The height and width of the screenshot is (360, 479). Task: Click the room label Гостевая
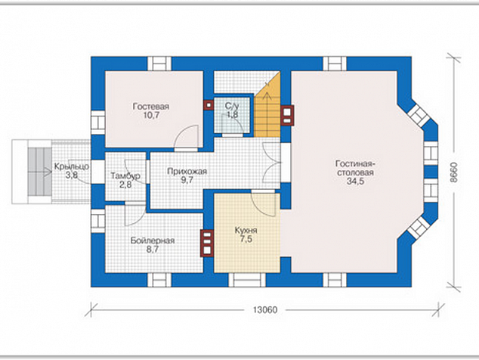click(151, 107)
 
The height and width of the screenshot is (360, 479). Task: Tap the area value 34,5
click(355, 182)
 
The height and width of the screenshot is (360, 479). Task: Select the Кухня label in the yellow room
click(246, 231)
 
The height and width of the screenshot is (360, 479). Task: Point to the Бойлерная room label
click(153, 241)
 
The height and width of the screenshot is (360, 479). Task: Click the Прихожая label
click(187, 172)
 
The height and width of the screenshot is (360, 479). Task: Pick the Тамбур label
click(125, 176)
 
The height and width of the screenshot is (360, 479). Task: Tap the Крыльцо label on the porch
click(72, 166)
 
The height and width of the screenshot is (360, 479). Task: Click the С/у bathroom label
click(232, 106)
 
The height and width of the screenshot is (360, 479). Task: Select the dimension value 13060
click(265, 310)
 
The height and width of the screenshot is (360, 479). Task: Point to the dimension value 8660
click(455, 172)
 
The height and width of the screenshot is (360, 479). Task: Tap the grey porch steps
click(40, 171)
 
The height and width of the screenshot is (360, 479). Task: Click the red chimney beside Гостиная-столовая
click(287, 115)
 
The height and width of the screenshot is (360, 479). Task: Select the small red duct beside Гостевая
click(209, 105)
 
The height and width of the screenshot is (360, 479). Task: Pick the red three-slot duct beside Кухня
click(207, 243)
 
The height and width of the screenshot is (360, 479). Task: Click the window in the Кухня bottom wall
click(247, 280)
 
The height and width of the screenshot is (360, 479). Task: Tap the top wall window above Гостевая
click(159, 64)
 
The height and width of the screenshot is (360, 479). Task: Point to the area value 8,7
click(153, 250)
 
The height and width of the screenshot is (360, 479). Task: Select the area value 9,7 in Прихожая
click(187, 181)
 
